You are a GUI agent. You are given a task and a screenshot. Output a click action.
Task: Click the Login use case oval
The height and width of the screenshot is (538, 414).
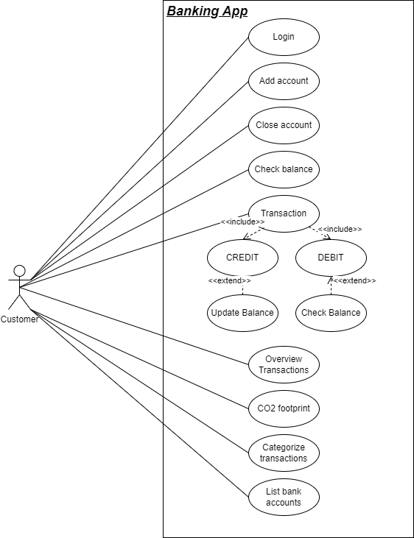click(284, 37)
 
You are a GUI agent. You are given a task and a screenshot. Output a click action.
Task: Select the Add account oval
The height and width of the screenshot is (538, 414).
click(284, 81)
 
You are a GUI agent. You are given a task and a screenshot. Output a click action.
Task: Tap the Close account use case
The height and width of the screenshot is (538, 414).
click(284, 125)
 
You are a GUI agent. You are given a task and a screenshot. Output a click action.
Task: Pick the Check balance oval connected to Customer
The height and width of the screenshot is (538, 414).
click(284, 169)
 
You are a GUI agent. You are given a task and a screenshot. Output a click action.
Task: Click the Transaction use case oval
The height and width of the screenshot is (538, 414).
click(284, 213)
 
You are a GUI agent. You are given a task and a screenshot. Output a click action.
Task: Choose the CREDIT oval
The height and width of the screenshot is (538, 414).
click(242, 258)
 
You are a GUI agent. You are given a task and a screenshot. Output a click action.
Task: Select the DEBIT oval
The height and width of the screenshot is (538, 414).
click(331, 258)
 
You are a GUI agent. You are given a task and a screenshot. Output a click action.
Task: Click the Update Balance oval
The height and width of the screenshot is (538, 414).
click(242, 313)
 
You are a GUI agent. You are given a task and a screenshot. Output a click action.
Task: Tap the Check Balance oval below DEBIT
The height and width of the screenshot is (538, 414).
click(331, 313)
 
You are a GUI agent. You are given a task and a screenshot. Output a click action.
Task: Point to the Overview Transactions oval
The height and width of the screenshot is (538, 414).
click(284, 364)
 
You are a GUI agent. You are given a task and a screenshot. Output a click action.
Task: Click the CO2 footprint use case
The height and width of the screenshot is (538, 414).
click(284, 408)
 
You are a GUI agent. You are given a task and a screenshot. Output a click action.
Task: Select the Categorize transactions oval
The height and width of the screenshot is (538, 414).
click(284, 453)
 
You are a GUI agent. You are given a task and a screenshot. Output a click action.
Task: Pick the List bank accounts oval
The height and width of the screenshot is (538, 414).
click(284, 497)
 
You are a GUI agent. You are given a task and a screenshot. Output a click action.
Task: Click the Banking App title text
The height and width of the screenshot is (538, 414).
click(207, 11)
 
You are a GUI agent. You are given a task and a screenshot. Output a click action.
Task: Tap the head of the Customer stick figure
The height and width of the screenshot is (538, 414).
click(20, 271)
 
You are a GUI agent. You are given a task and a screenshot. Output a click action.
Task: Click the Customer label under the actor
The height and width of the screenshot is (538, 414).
click(19, 319)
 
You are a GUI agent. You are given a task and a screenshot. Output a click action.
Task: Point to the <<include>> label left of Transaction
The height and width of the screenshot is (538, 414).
click(242, 222)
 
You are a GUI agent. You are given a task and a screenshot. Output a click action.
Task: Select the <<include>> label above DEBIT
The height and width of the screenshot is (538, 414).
click(340, 230)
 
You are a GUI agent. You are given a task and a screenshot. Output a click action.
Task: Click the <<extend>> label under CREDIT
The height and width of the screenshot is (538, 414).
click(229, 281)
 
